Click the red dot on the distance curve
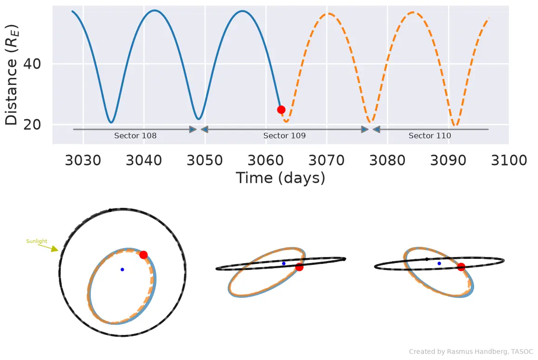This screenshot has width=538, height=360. click(x=281, y=110)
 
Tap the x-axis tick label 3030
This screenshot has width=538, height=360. click(x=83, y=160)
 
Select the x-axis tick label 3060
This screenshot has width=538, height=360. click(x=266, y=160)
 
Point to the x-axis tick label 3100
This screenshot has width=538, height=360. click(x=509, y=160)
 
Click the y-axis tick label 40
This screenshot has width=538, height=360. click(x=32, y=64)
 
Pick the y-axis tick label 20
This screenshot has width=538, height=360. click(x=32, y=124)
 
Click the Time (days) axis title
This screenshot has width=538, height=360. click(x=280, y=178)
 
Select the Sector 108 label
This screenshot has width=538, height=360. click(x=135, y=135)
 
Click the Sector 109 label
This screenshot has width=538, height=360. click(x=284, y=135)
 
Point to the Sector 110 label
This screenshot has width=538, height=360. click(x=429, y=135)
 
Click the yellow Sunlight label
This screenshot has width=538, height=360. click(x=37, y=241)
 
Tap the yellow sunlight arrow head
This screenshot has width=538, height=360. click(x=55, y=249)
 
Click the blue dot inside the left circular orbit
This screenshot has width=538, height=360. click(x=122, y=270)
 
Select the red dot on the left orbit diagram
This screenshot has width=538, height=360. click(x=143, y=255)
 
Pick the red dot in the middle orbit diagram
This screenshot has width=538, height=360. click(x=299, y=267)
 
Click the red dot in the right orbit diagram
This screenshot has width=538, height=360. click(x=461, y=267)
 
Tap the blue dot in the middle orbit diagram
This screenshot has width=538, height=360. click(x=284, y=264)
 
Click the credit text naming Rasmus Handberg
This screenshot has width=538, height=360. click(x=471, y=352)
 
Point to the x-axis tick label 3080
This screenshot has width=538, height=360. click(x=387, y=160)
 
